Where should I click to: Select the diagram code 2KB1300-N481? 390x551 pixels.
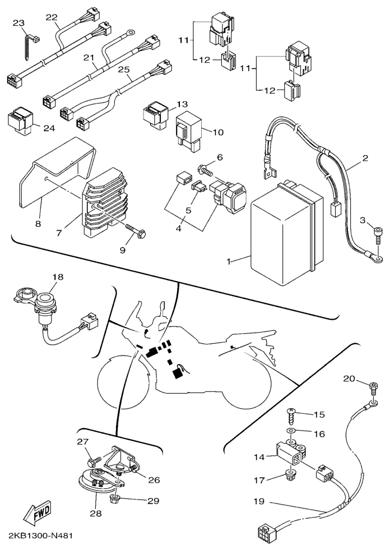pyautogui.click(x=38, y=536)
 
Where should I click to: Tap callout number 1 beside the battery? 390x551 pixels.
pyautogui.click(x=229, y=262)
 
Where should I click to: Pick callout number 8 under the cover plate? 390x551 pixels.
pyautogui.click(x=38, y=223)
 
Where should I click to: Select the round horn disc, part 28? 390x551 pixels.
pyautogui.click(x=96, y=484)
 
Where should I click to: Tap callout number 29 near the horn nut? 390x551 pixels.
pyautogui.click(x=154, y=501)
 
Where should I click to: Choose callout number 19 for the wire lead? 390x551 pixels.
pyautogui.click(x=258, y=501)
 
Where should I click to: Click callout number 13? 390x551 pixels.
pyautogui.click(x=183, y=104)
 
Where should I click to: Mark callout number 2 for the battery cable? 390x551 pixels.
pyautogui.click(x=365, y=158)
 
